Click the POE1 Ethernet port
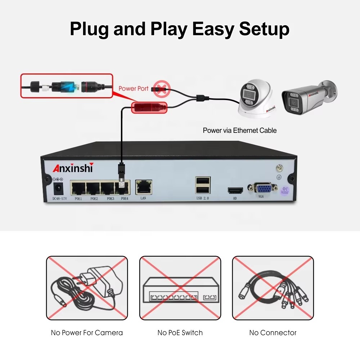coord(77,188)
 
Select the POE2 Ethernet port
coord(93,188)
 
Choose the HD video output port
coord(234,191)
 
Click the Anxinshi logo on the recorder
coord(73,168)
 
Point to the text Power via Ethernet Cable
coord(240,130)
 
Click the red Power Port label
coord(134,88)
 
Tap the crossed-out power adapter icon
coord(87,288)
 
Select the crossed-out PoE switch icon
coord(180,288)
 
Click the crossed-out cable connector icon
coord(273,288)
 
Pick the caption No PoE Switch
coord(180,333)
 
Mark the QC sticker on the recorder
coord(285,190)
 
